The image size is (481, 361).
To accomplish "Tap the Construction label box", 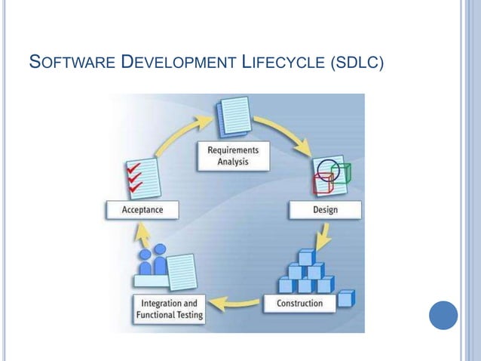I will (x=299, y=304).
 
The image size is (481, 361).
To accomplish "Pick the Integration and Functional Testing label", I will (x=170, y=310).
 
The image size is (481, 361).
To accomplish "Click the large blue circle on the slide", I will (x=443, y=315).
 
